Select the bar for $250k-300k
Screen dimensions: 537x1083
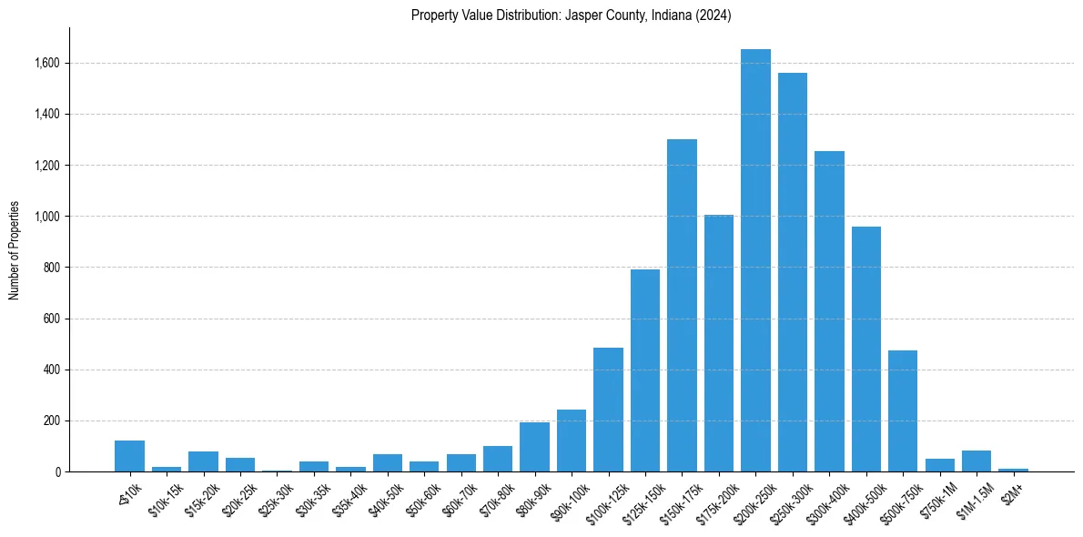(x=793, y=272)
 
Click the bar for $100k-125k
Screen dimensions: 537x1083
(x=608, y=410)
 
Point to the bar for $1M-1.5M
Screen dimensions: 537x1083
(x=977, y=461)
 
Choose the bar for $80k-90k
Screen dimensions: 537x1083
(x=534, y=447)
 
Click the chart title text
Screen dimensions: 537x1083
(x=571, y=15)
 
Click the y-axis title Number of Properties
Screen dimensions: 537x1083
(x=15, y=249)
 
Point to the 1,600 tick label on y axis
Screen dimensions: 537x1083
(x=47, y=64)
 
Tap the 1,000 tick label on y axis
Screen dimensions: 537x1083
(x=47, y=217)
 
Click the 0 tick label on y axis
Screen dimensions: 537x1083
(x=57, y=472)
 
